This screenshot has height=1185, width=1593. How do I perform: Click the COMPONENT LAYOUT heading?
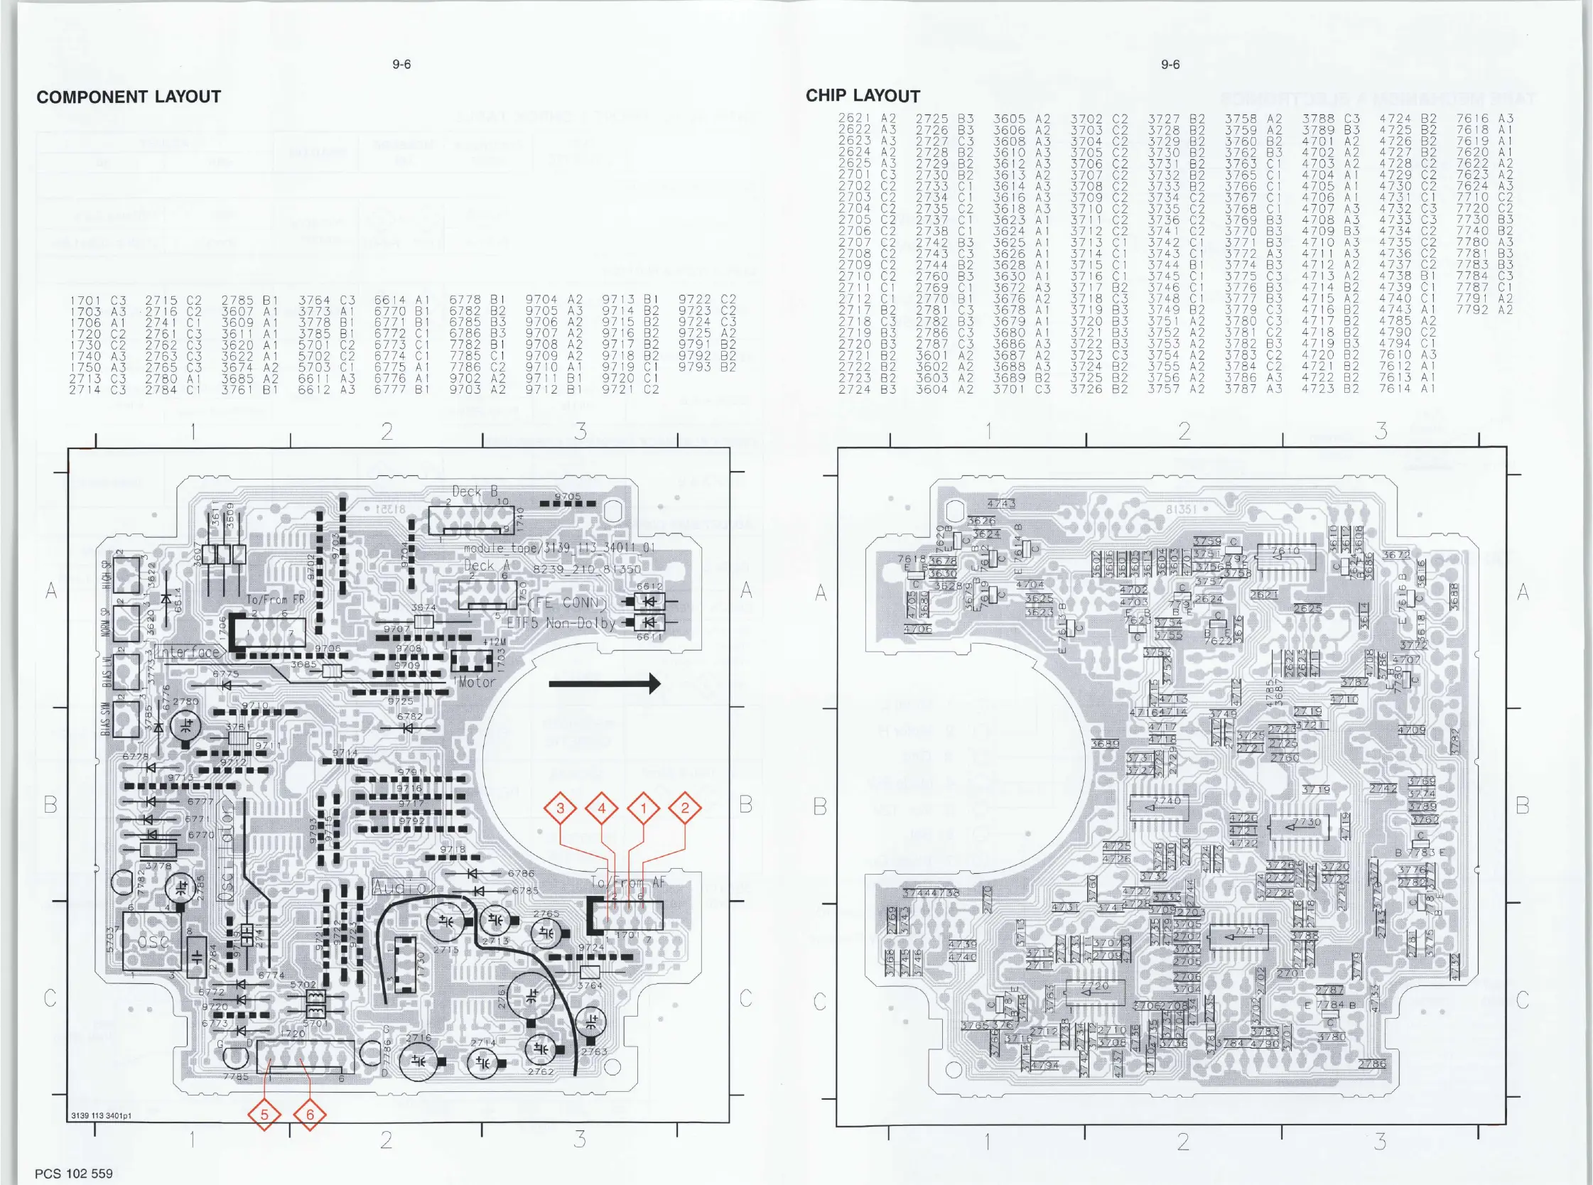(x=129, y=97)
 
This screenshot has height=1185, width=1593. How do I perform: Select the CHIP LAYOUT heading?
(x=862, y=96)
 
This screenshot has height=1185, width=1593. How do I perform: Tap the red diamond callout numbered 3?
(x=560, y=808)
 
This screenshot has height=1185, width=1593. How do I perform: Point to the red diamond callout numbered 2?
(x=685, y=808)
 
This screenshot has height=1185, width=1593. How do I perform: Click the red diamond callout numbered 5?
(x=264, y=1115)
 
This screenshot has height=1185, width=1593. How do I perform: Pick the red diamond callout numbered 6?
(x=310, y=1115)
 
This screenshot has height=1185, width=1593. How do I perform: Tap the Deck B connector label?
(x=474, y=492)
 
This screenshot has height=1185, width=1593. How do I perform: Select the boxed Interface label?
(x=188, y=652)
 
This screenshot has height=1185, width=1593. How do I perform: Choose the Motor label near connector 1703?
(x=476, y=682)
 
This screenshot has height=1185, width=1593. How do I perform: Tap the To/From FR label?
(x=276, y=600)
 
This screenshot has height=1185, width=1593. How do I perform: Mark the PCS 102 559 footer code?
(x=74, y=1174)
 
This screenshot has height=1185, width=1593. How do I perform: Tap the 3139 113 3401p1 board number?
(x=101, y=1116)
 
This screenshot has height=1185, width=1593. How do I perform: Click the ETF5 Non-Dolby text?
(x=561, y=623)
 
